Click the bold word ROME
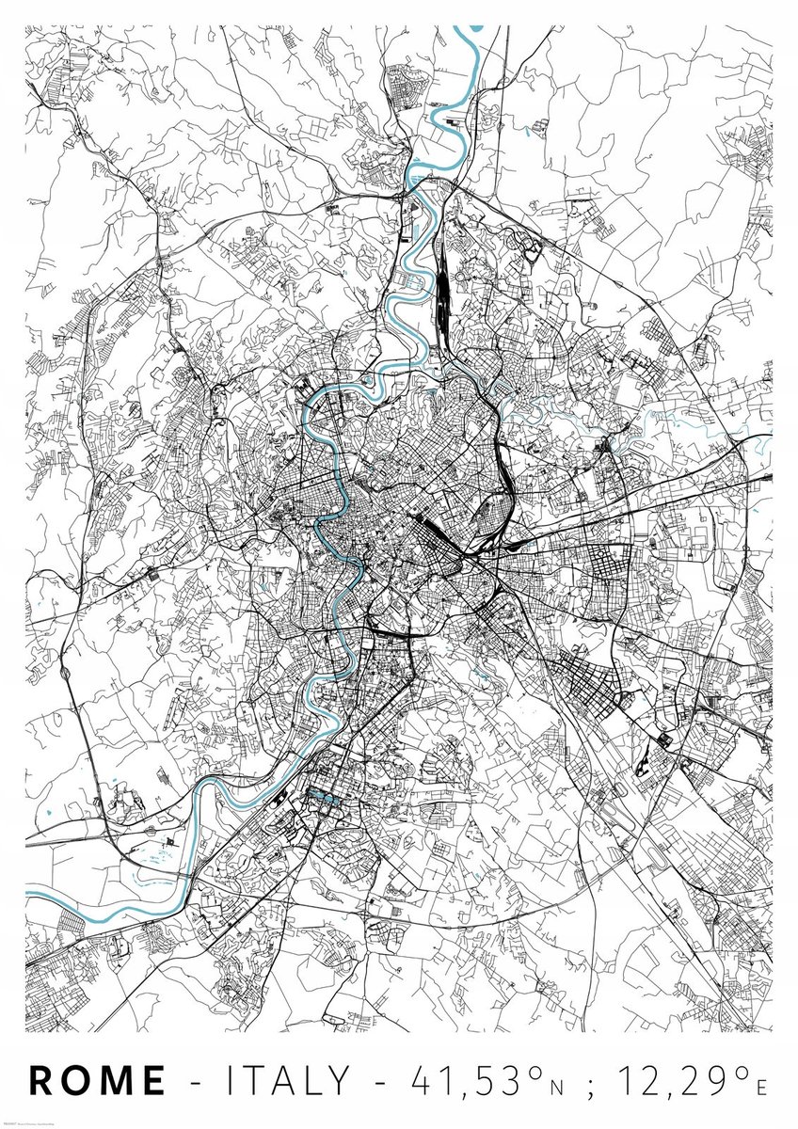98,1079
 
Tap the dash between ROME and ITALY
196,1082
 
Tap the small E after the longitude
761,1087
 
